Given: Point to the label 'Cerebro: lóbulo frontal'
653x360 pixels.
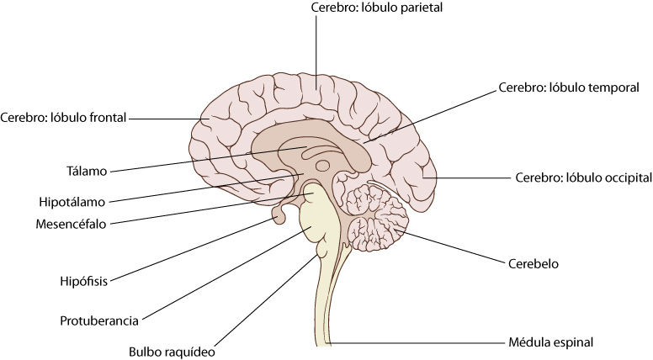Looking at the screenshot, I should click(64, 118).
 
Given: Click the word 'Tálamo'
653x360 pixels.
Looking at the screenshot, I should click(87, 171).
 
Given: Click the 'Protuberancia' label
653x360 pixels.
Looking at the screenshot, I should click(99, 320).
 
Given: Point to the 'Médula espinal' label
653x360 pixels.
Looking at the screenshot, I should click(551, 342).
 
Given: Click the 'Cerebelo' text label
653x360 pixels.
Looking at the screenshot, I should click(533, 263).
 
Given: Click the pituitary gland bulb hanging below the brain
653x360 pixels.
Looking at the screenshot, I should click(279, 219).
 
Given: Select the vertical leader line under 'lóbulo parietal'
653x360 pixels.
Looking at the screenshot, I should click(316, 50).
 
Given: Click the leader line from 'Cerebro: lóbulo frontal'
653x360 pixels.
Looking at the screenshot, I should click(164, 118).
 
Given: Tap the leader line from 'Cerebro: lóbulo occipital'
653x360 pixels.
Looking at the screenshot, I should click(471, 178).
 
